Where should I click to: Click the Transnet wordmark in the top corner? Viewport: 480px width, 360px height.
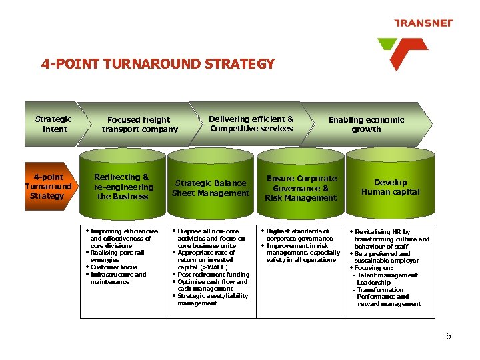(424, 23)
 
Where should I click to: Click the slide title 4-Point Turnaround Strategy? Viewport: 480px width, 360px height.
(158, 64)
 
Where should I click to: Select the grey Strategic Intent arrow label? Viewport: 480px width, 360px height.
(53, 124)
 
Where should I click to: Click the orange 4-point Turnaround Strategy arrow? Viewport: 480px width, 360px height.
(47, 187)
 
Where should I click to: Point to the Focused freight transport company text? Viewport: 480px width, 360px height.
(139, 125)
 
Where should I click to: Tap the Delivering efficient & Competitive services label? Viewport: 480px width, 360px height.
(251, 124)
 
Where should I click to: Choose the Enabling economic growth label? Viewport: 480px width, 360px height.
(366, 125)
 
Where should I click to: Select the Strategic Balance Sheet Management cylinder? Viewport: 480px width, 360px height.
(211, 188)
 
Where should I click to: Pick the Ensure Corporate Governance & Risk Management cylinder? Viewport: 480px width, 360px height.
(301, 188)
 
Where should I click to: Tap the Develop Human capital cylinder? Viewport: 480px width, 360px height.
(390, 187)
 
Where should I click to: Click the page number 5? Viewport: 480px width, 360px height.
(449, 337)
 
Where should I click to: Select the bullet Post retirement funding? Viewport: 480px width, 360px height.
(213, 275)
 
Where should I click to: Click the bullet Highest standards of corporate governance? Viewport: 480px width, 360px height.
(299, 235)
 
